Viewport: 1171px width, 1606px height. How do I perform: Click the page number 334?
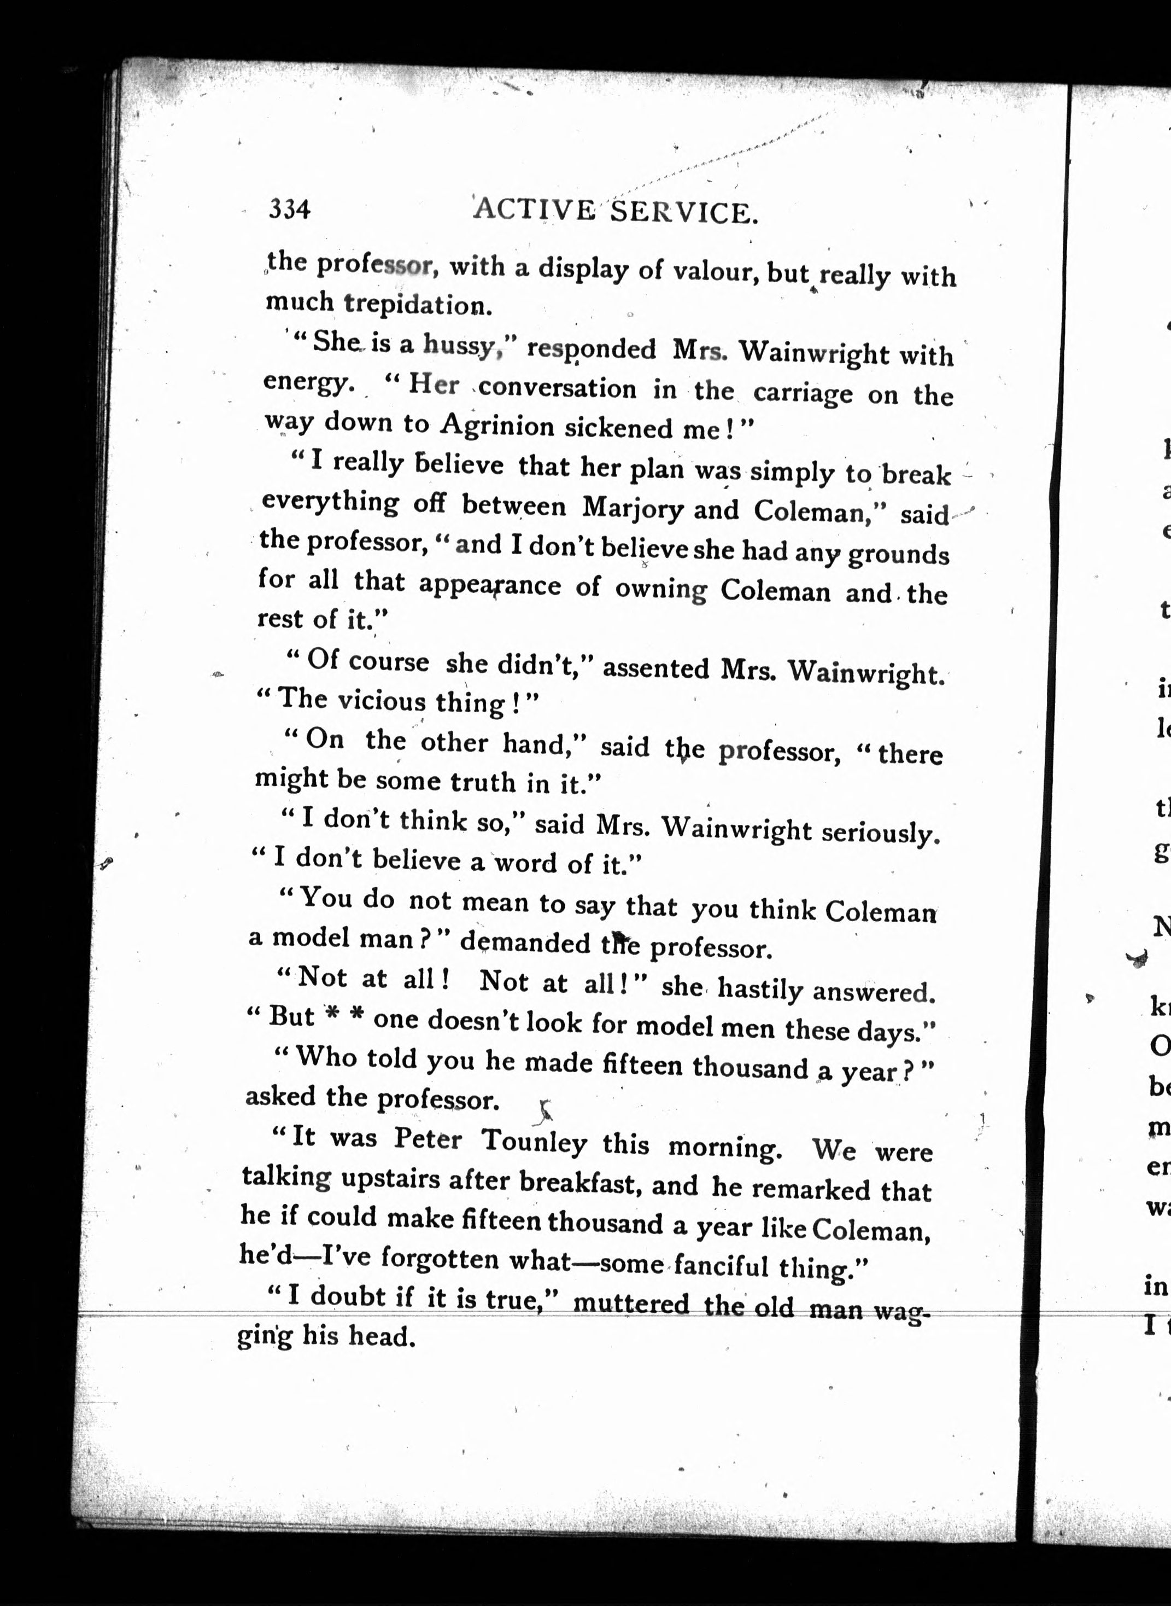(289, 209)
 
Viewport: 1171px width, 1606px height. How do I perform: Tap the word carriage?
(803, 393)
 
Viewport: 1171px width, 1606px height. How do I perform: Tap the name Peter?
(428, 1139)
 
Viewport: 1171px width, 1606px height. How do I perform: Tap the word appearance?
(489, 585)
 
